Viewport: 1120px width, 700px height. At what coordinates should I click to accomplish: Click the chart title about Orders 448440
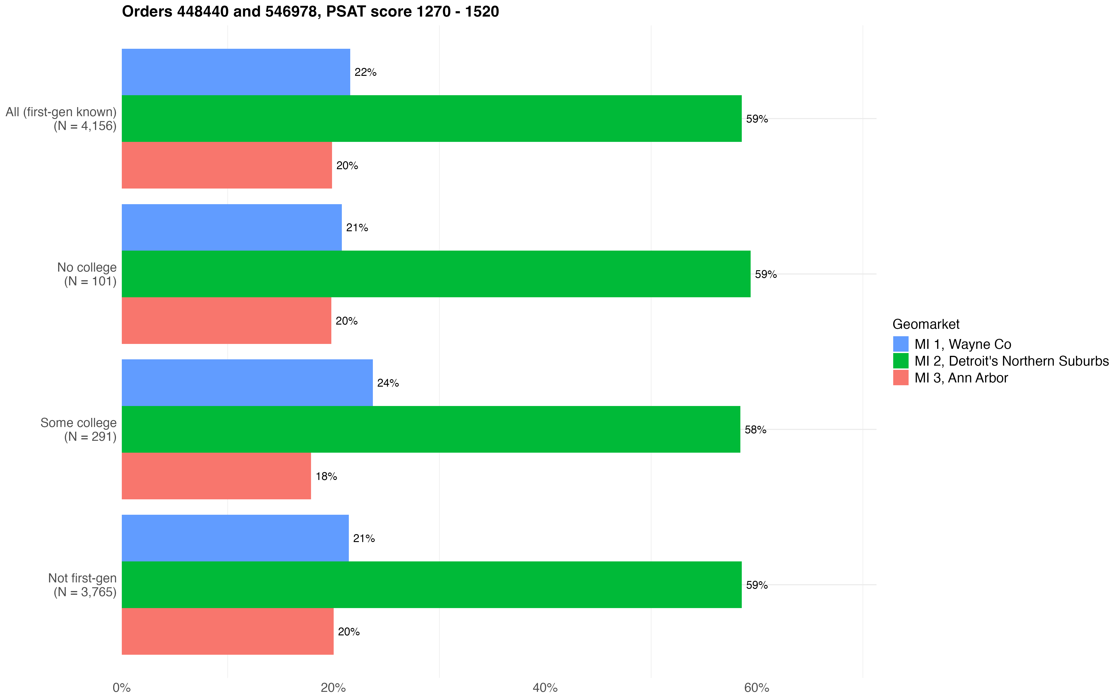(310, 12)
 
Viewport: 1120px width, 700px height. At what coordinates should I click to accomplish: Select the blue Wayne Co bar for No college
(231, 227)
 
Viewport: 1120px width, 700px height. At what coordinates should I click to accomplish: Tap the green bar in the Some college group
(430, 429)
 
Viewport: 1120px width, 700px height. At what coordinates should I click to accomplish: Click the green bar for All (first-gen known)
(431, 119)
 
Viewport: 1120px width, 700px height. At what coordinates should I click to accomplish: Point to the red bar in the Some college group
(216, 476)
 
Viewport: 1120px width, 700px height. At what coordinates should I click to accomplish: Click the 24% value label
(388, 383)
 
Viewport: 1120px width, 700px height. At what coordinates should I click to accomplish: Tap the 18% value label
(326, 476)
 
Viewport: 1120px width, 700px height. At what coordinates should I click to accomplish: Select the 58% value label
(755, 430)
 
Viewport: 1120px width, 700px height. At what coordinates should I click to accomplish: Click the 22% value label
(365, 72)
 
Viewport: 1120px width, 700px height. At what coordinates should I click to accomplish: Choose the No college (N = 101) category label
(87, 274)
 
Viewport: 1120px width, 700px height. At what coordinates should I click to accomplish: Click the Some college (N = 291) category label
(79, 430)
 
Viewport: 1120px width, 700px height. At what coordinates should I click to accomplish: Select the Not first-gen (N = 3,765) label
(82, 585)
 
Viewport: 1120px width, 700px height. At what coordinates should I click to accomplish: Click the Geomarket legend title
(926, 324)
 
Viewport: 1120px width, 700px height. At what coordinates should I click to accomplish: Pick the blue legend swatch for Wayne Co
(901, 344)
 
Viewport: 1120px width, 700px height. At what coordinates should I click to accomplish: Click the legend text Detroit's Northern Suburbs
(1011, 361)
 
